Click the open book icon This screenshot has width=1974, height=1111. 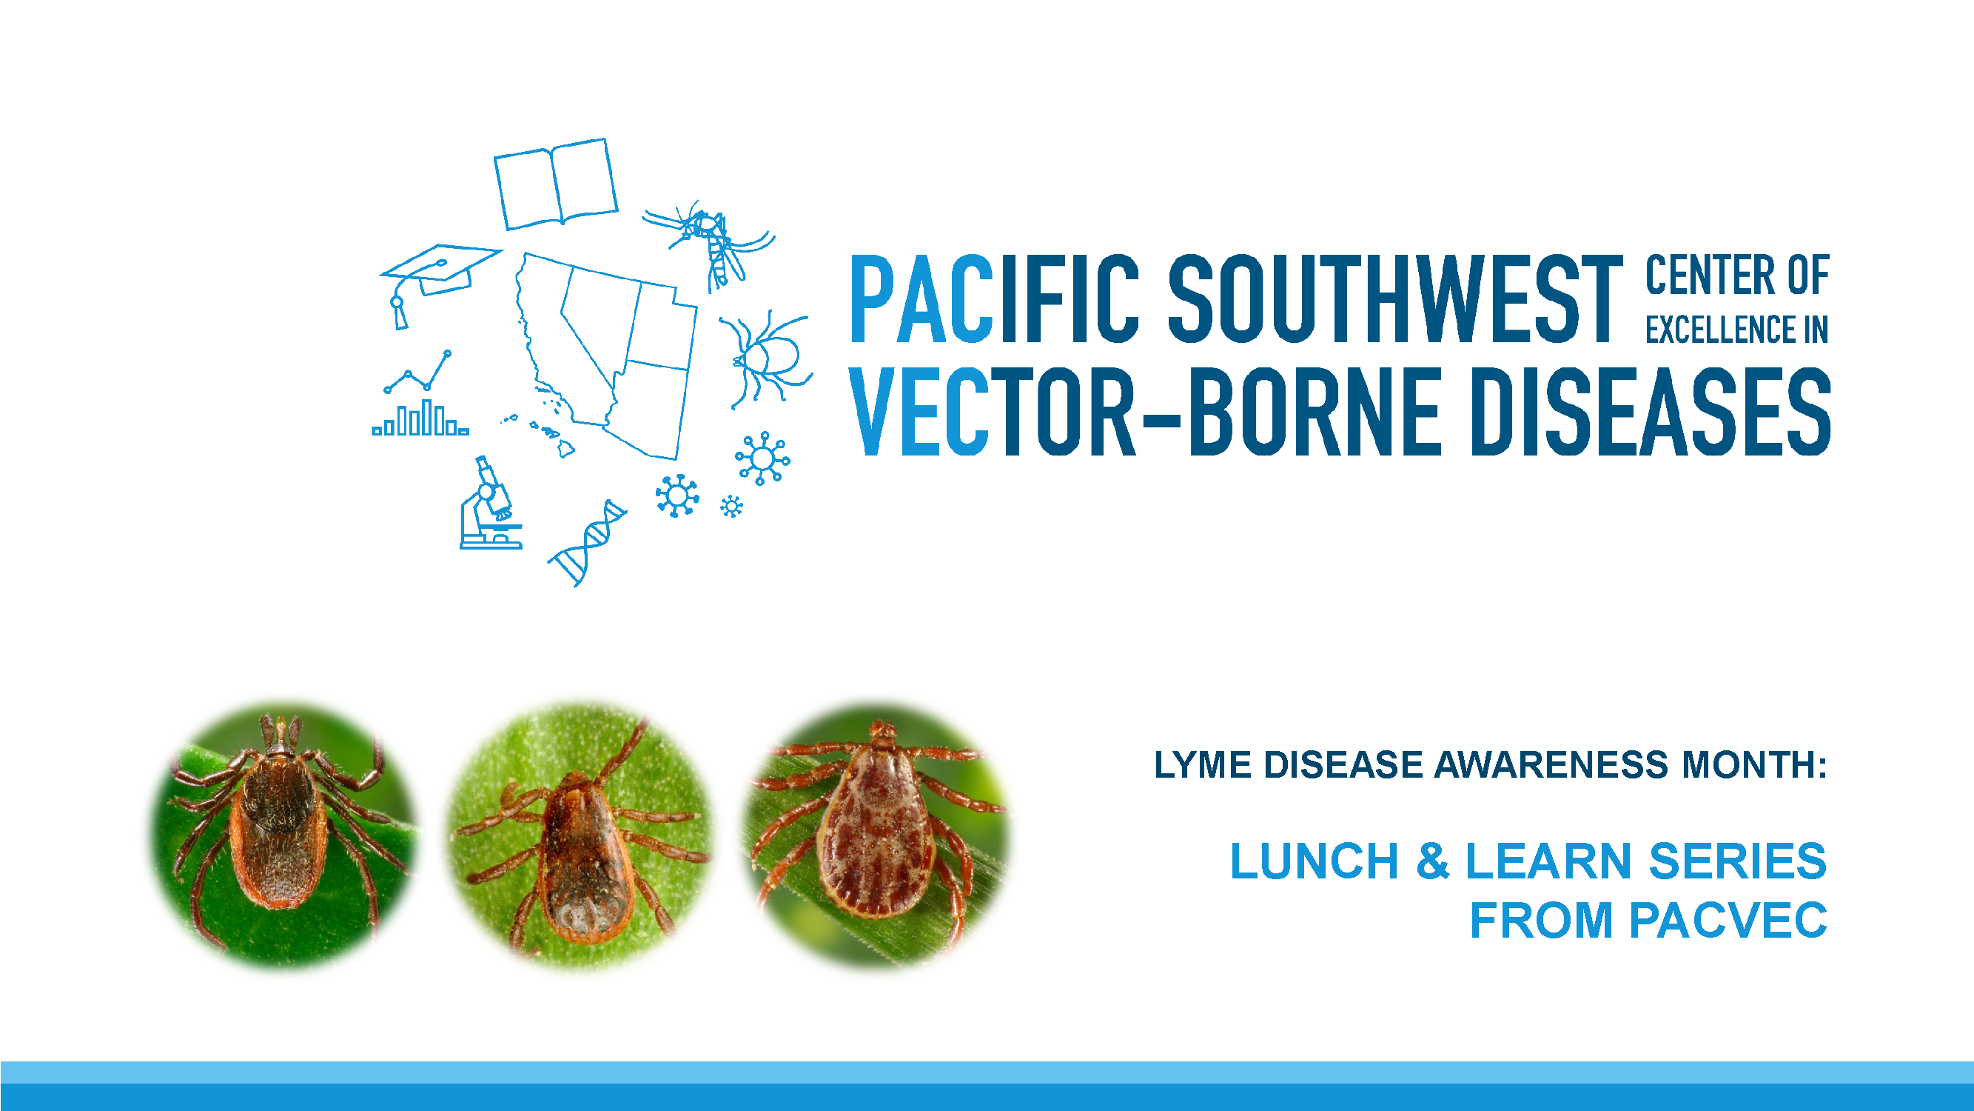556,183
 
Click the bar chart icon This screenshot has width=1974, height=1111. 420,419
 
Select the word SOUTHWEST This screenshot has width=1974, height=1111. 1394,299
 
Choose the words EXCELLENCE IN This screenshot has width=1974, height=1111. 1736,330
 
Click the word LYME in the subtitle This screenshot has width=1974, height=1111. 1202,765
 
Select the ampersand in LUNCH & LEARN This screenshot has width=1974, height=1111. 1432,861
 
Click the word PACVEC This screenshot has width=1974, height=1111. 1728,920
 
